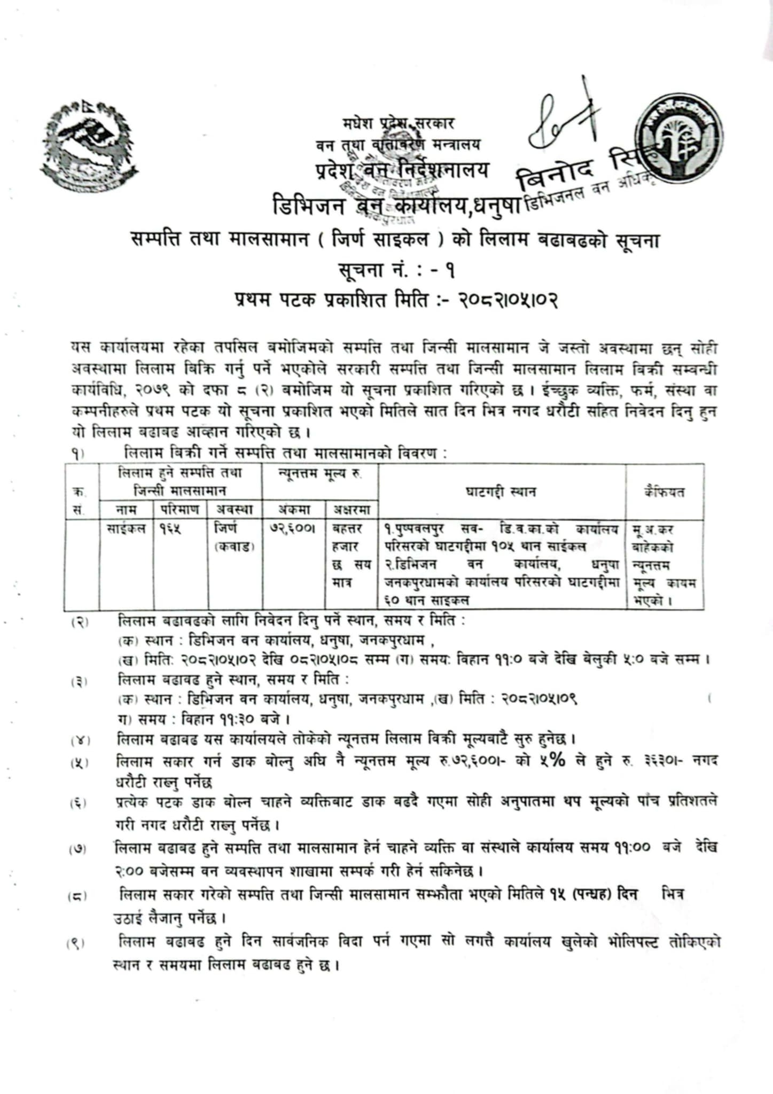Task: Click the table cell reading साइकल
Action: (126, 529)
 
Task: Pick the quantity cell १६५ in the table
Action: (170, 529)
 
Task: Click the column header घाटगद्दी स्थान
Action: (501, 492)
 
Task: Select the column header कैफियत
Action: (665, 492)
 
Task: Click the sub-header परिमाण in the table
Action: (180, 510)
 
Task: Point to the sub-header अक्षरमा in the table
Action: (352, 510)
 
